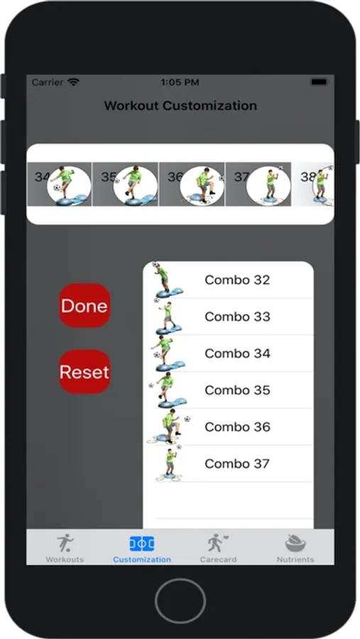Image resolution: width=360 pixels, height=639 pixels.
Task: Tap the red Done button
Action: (84, 305)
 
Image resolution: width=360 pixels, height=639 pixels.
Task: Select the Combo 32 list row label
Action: (237, 280)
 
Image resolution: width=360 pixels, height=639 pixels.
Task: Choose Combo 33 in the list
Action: (237, 317)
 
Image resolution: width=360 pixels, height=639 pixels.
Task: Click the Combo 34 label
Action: (237, 354)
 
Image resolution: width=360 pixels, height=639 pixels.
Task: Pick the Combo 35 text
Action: (237, 390)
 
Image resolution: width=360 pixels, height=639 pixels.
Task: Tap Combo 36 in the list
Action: (237, 427)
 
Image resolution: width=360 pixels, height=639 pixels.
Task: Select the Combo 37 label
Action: (237, 464)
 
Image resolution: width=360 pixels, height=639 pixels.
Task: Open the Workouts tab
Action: (65, 548)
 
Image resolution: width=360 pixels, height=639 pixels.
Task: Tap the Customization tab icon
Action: (142, 544)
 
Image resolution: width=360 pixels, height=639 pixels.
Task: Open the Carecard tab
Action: (218, 548)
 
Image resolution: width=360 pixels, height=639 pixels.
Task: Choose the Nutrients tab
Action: (295, 548)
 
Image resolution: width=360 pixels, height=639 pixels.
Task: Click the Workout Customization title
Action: (180, 106)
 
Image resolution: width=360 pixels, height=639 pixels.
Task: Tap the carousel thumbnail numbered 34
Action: (60, 184)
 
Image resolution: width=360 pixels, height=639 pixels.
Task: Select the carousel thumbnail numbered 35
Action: (126, 184)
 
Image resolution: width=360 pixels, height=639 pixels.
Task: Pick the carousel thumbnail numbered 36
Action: (192, 184)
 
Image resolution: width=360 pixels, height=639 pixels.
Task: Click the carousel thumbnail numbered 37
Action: (258, 184)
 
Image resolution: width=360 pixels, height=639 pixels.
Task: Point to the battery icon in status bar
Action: (320, 82)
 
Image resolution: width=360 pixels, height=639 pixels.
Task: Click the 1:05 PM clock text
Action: (180, 82)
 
